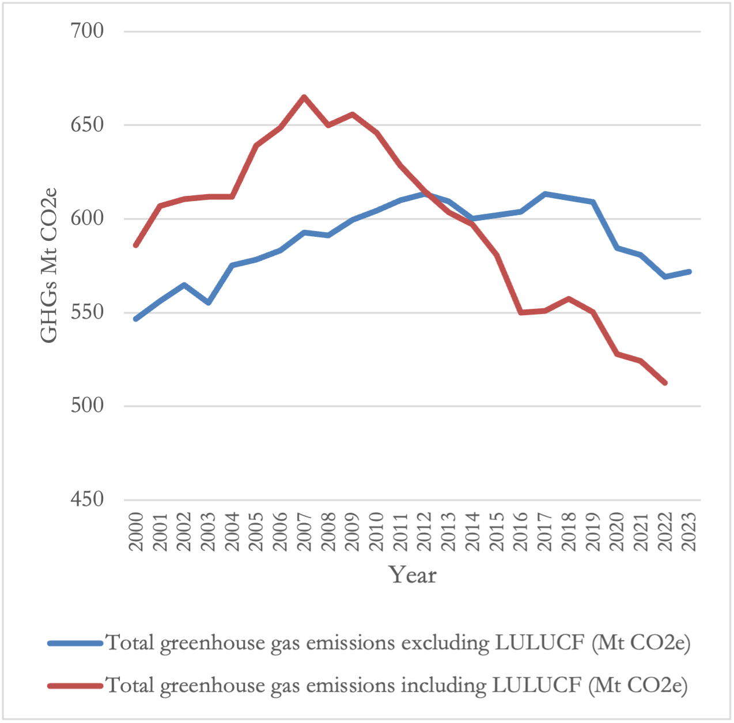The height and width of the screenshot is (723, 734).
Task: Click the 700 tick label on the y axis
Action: pyautogui.click(x=87, y=31)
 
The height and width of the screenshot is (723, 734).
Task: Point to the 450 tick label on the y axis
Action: pyautogui.click(x=87, y=499)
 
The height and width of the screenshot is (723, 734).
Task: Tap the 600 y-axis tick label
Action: pyautogui.click(x=87, y=218)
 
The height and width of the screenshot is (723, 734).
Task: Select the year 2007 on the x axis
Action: pyautogui.click(x=304, y=531)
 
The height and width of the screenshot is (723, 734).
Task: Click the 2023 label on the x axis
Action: pyautogui.click(x=689, y=531)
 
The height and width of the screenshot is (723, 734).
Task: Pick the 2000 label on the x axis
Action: pyautogui.click(x=136, y=531)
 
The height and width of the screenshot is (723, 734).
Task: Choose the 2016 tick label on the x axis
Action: pyautogui.click(x=521, y=531)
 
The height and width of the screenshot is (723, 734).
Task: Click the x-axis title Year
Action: pyautogui.click(x=413, y=575)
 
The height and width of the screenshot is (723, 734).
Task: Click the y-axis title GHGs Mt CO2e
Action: pyautogui.click(x=50, y=265)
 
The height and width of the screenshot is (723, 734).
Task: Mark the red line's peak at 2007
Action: pyautogui.click(x=304, y=97)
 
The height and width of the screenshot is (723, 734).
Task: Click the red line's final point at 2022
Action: pyautogui.click(x=665, y=383)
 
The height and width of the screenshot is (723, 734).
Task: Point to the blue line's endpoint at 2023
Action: pyautogui.click(x=689, y=271)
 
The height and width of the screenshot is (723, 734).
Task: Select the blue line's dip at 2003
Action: pyautogui.click(x=208, y=302)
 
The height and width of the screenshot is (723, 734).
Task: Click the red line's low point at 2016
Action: pyautogui.click(x=521, y=312)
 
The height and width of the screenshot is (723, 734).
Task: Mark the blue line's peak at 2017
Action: pyautogui.click(x=545, y=194)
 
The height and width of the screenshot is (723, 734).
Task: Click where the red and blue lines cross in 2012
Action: pyautogui.click(x=426, y=194)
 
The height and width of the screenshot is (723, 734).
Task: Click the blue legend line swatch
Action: pyautogui.click(x=75, y=643)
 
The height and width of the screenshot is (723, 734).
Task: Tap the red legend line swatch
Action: pyautogui.click(x=75, y=686)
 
